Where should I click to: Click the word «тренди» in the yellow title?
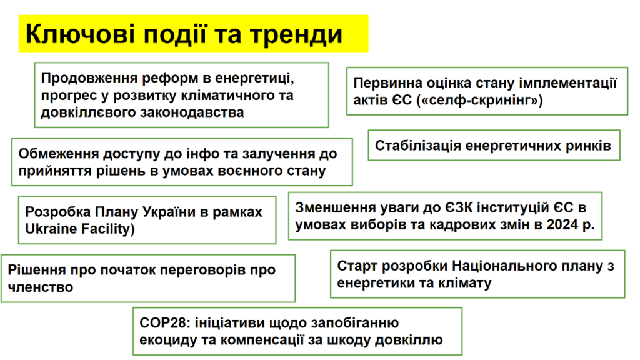tap(296, 34)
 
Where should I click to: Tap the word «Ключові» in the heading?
tap(80, 34)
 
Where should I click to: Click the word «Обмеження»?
tap(59, 154)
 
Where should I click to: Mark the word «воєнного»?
tap(253, 171)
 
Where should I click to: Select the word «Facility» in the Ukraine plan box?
tap(106, 229)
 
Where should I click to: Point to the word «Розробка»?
tap(58, 212)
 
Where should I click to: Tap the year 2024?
tap(563, 225)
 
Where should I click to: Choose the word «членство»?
tap(41, 287)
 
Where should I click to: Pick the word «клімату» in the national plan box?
tap(465, 283)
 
